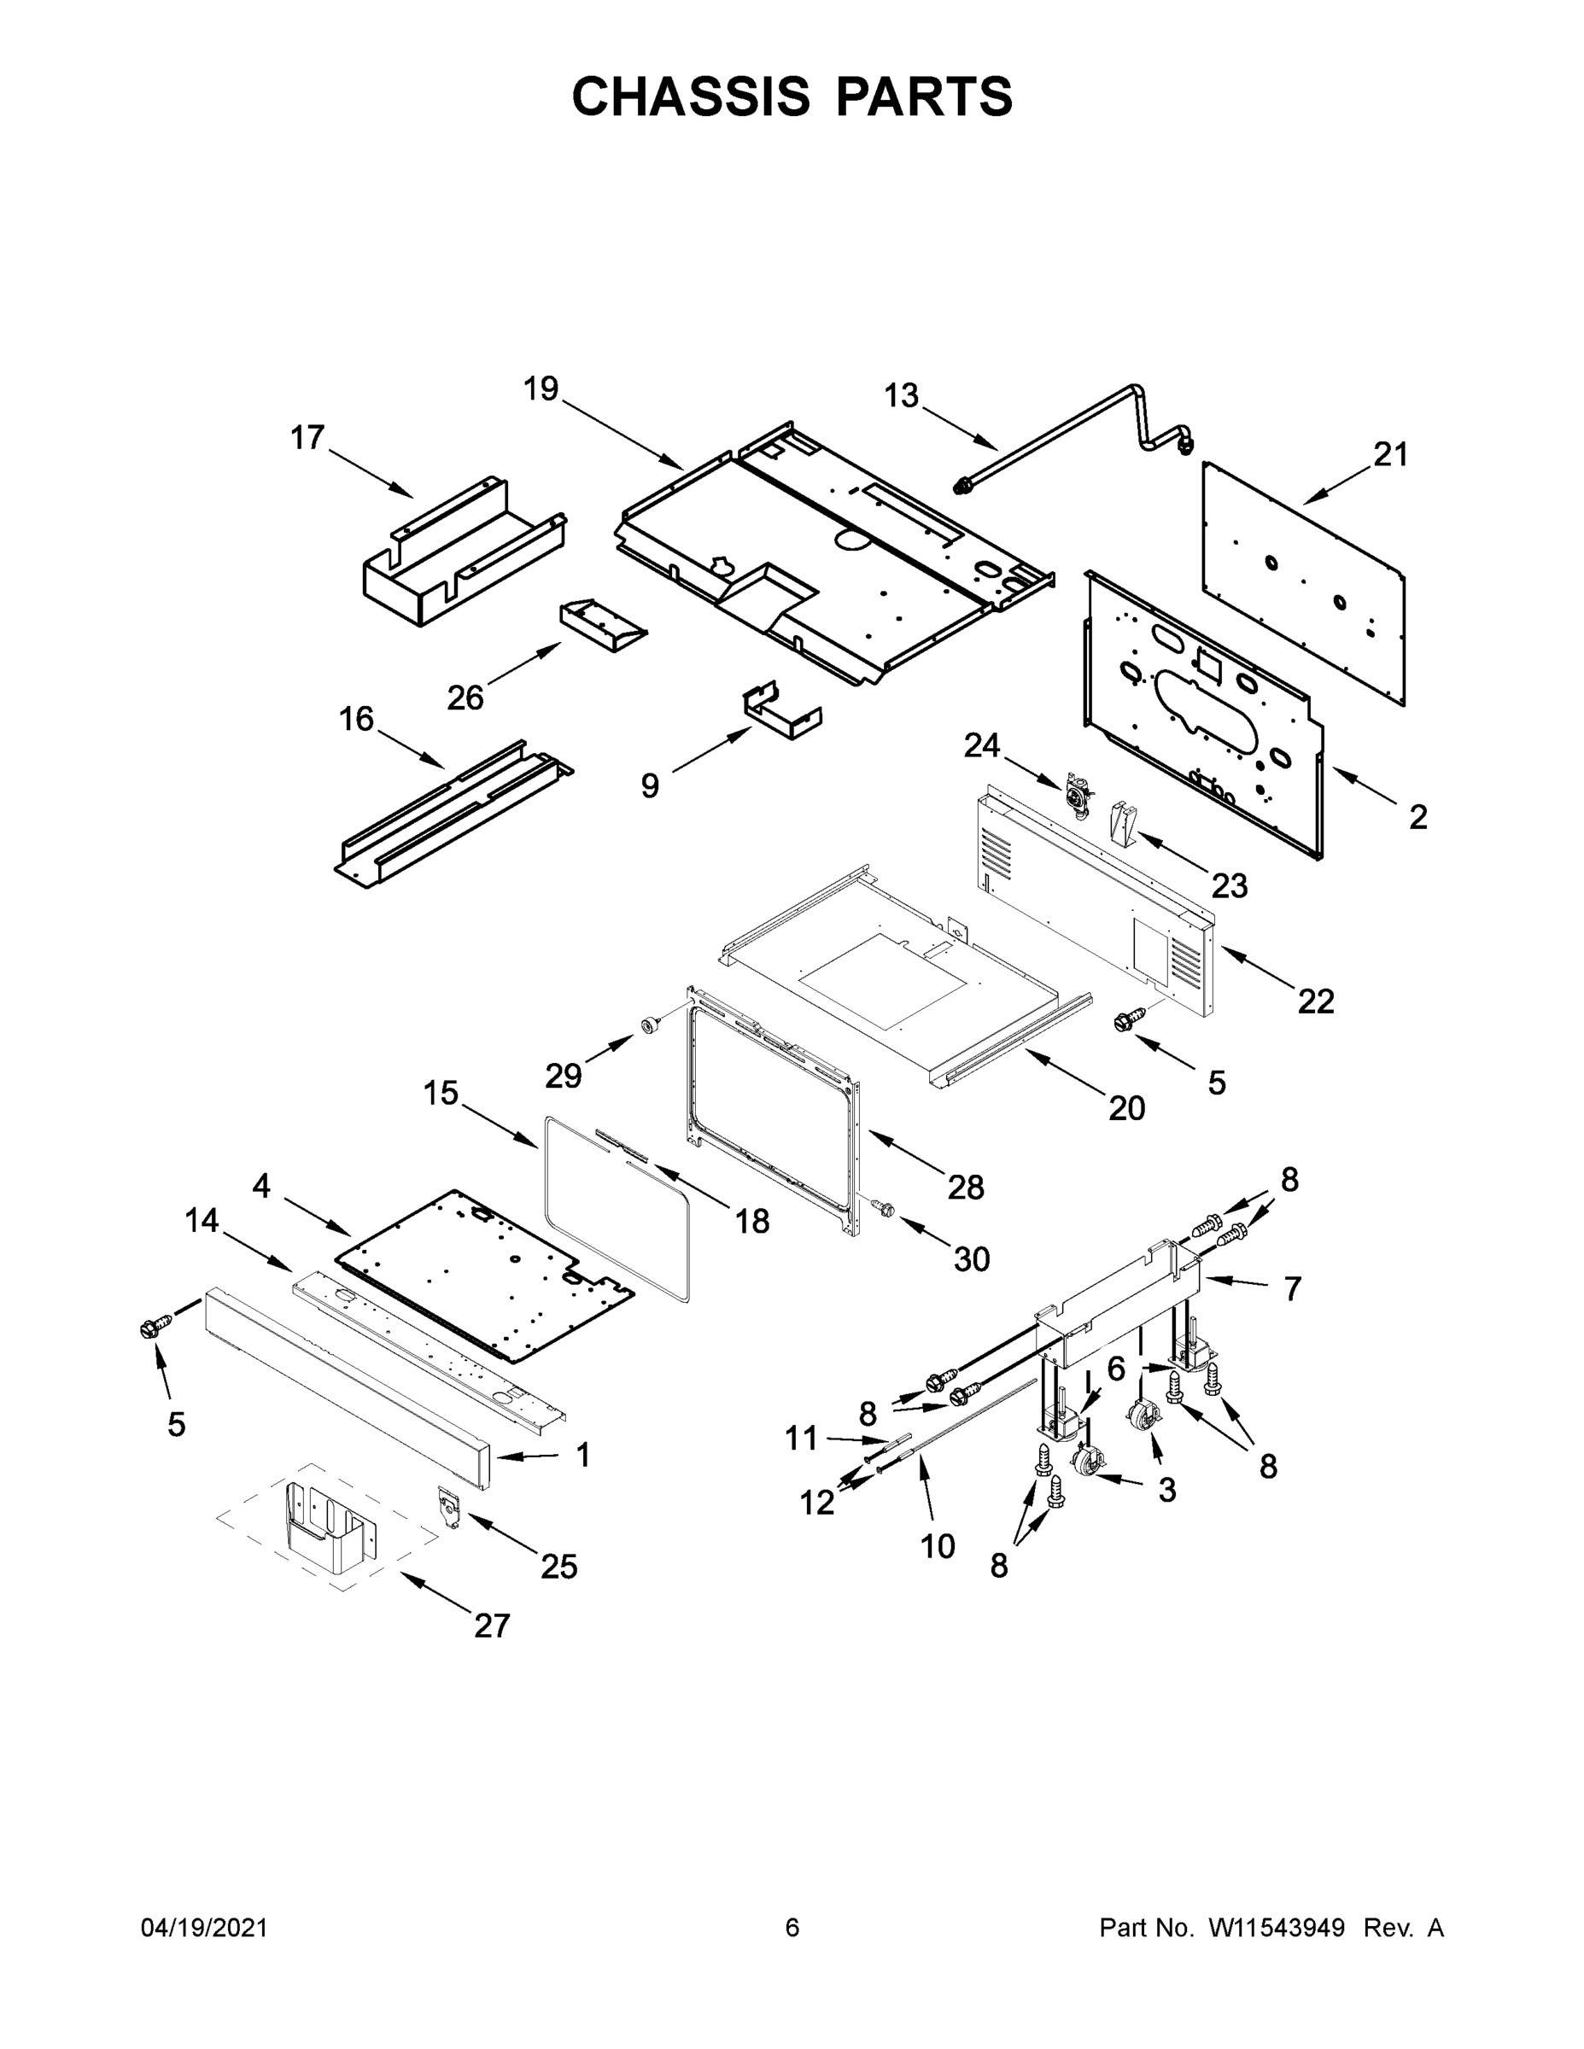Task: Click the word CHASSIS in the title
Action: pyautogui.click(x=691, y=96)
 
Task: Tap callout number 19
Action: pyautogui.click(x=541, y=388)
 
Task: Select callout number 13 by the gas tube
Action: pyautogui.click(x=901, y=396)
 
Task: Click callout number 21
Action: pyautogui.click(x=1391, y=455)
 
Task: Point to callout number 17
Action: pyautogui.click(x=307, y=437)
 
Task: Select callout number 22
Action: pyautogui.click(x=1316, y=1002)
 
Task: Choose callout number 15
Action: pyautogui.click(x=440, y=1092)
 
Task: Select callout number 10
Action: pyautogui.click(x=937, y=1545)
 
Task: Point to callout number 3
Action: pyautogui.click(x=1166, y=1490)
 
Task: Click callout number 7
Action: pyautogui.click(x=1292, y=1289)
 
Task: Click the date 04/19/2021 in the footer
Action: pyautogui.click(x=205, y=1929)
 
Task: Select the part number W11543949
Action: pyautogui.click(x=1277, y=1929)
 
